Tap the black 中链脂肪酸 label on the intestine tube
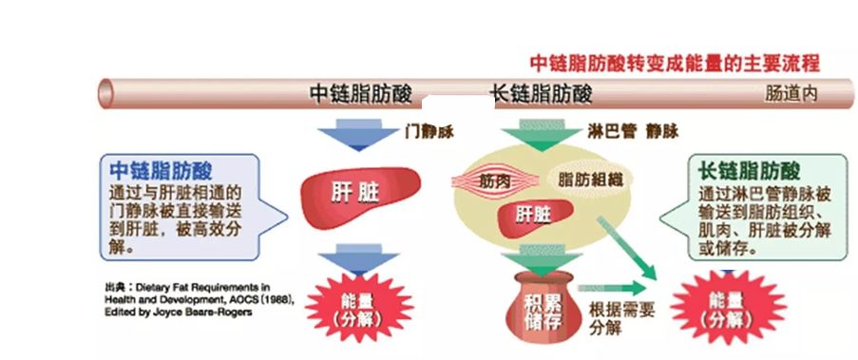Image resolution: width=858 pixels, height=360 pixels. pos(362,95)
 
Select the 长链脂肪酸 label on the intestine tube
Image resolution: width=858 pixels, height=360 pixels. pos(541,95)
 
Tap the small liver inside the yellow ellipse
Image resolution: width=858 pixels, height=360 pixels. pos(532,215)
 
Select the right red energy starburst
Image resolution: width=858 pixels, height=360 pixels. pos(727,308)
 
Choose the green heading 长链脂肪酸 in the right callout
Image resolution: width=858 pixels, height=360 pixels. pos(750,172)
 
